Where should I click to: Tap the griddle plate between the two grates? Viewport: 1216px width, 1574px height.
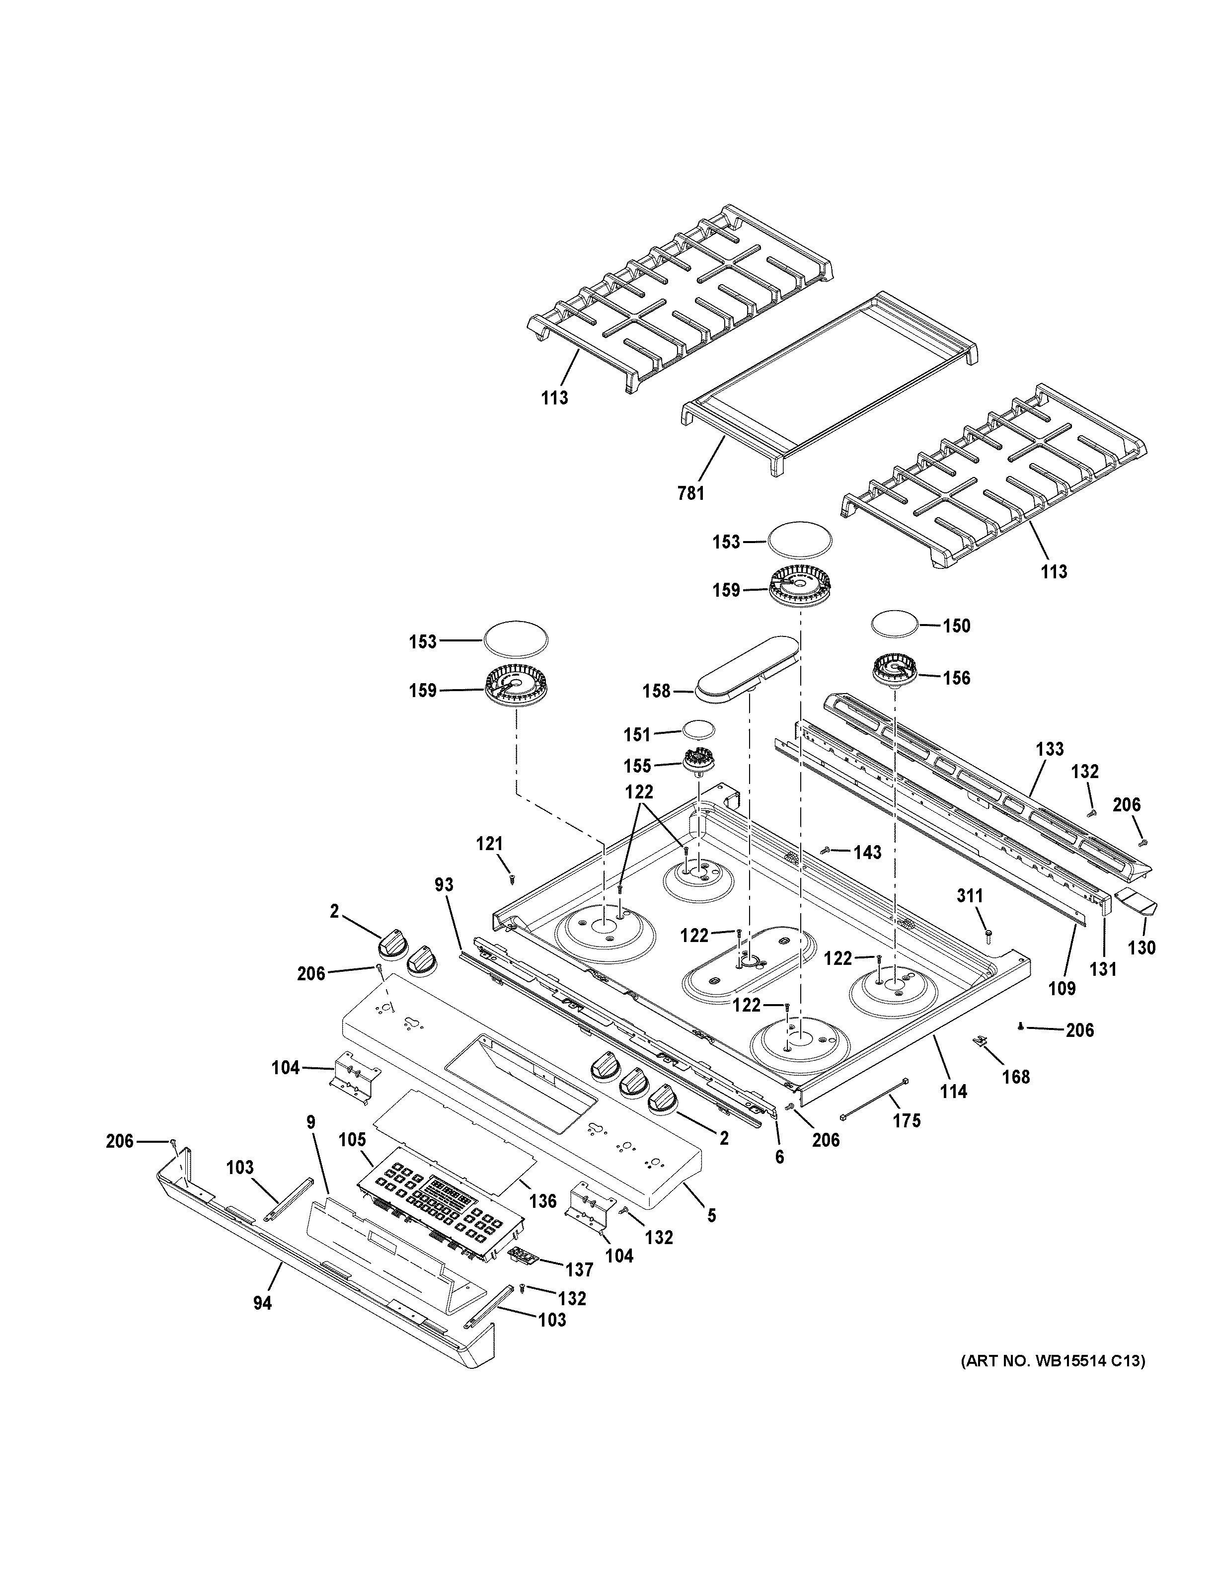pyautogui.click(x=829, y=382)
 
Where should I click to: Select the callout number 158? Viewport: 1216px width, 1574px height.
pyautogui.click(x=656, y=691)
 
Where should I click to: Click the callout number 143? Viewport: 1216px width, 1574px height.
pyautogui.click(x=867, y=853)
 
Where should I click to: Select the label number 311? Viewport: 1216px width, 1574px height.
pyautogui.click(x=970, y=896)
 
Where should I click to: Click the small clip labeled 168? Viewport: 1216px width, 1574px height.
pyautogui.click(x=981, y=1060)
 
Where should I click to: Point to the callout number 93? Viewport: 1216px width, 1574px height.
pyautogui.click(x=445, y=884)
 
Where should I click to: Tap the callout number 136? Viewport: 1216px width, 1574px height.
pyautogui.click(x=542, y=1201)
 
